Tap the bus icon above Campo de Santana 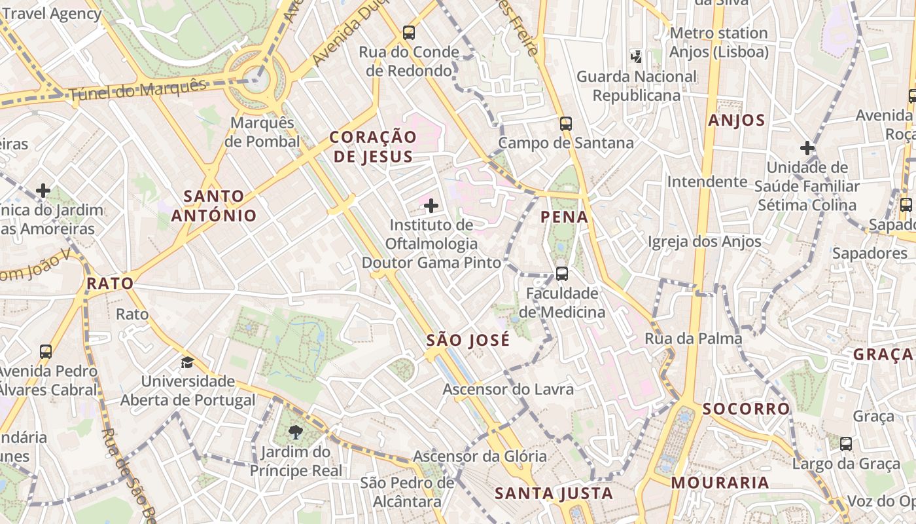[566, 123]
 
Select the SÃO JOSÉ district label [468, 341]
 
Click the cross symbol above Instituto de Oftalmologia [431, 206]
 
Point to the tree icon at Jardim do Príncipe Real [296, 432]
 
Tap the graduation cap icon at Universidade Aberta [188, 362]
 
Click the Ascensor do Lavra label [508, 389]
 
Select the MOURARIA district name [720, 483]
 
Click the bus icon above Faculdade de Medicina [561, 274]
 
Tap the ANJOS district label [737, 121]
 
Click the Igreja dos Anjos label [705, 242]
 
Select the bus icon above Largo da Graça [846, 444]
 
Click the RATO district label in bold [110, 284]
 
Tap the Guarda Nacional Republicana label [637, 86]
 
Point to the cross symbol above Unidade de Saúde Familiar [807, 148]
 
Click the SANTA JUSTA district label [554, 493]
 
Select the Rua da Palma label [694, 339]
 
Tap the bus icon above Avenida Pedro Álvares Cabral [46, 352]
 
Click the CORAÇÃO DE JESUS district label [373, 147]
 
